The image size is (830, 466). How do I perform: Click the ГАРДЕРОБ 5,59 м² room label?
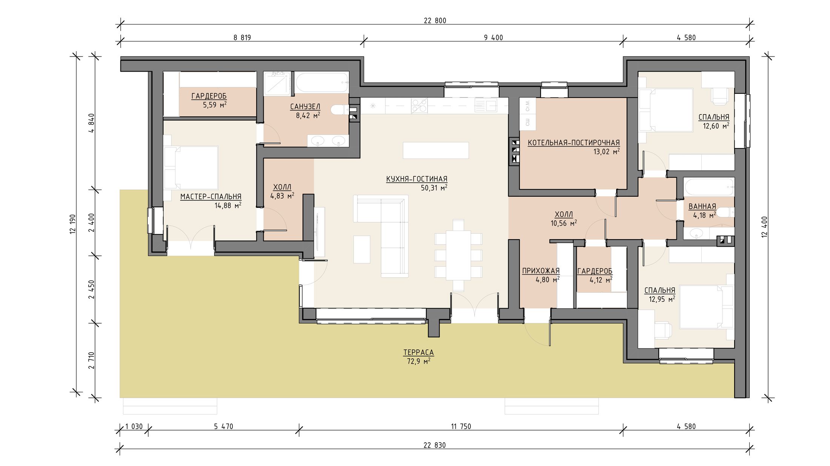click(209, 101)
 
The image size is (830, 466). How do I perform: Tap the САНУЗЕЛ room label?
click(305, 107)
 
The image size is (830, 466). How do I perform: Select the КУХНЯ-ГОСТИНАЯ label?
click(417, 179)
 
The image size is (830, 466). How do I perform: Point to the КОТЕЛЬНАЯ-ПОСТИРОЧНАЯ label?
click(573, 143)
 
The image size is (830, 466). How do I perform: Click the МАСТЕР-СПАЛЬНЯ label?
click(211, 197)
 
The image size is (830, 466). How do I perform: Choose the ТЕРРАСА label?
click(418, 353)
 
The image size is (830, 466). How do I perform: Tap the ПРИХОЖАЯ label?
click(541, 271)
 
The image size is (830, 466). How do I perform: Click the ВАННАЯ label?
click(702, 206)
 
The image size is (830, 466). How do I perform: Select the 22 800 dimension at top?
click(435, 21)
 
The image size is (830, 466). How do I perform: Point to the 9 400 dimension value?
click(493, 38)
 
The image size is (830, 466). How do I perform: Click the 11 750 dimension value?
click(461, 426)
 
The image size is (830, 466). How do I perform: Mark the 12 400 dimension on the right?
click(764, 227)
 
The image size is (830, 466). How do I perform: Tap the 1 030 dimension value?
click(134, 426)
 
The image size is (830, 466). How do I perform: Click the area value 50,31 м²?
click(434, 188)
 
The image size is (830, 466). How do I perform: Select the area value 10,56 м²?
click(564, 223)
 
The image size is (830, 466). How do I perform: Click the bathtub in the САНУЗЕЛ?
click(321, 82)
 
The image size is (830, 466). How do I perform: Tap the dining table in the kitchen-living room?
click(458, 256)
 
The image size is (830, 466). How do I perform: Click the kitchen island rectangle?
click(436, 150)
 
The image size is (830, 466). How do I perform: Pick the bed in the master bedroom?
click(191, 168)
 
